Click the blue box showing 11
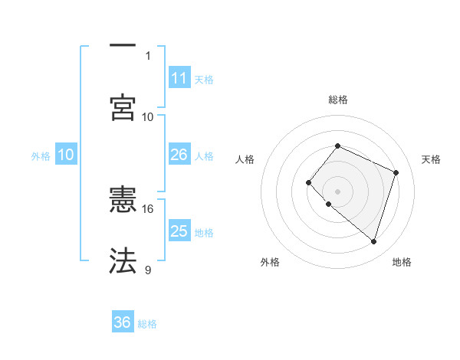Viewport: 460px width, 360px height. pos(179,78)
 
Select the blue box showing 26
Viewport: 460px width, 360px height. pos(179,155)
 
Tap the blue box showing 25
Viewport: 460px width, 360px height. pos(179,231)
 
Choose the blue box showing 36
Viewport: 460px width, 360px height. pos(123,322)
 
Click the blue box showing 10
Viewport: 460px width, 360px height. pos(66,155)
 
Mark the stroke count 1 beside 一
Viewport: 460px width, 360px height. pos(148,55)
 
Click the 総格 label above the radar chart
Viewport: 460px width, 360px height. pos(338,100)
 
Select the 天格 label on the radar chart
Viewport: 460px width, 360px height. pos(431,159)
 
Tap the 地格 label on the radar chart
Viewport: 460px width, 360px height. pos(402,262)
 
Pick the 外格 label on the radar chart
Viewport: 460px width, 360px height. pos(270,262)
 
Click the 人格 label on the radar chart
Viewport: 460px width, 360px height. pos(245,159)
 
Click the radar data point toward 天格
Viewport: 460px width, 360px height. pos(396,172)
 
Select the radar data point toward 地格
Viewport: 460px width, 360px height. pos(373,242)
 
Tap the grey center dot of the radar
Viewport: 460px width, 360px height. pos(337,191)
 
